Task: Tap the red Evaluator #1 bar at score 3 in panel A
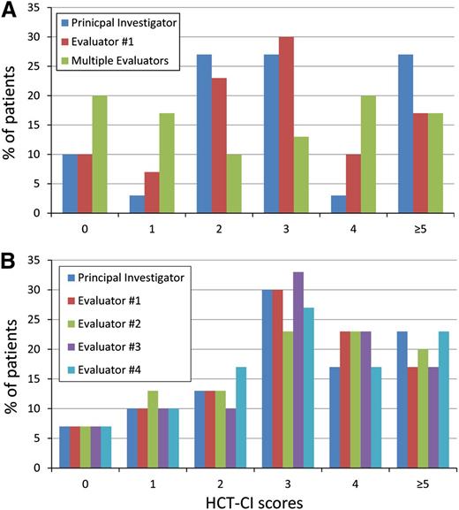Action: (285, 125)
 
